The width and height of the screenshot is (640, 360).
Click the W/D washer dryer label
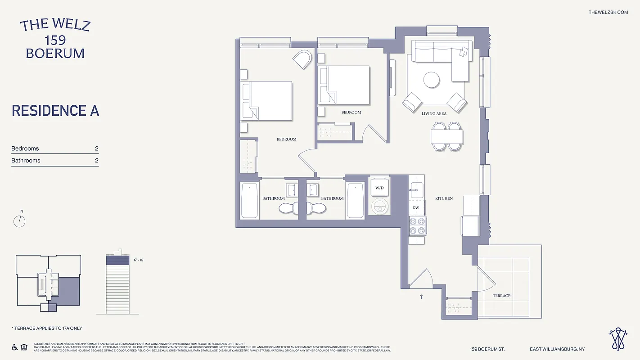(379, 188)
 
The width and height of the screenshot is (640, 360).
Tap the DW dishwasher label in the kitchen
(416, 207)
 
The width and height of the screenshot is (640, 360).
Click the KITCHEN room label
(444, 198)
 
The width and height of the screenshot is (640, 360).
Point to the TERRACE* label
(502, 296)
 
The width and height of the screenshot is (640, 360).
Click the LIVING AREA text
(434, 114)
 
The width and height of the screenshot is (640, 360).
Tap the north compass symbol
(20, 221)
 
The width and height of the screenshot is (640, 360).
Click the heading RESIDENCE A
(55, 111)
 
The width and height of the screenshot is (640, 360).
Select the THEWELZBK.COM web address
(608, 12)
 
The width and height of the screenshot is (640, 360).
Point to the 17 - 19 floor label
(138, 260)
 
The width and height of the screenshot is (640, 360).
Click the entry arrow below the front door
(421, 297)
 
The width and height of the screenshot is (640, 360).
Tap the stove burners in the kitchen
(417, 225)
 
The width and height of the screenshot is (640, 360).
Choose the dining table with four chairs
(447, 136)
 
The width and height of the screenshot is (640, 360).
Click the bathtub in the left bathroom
(249, 201)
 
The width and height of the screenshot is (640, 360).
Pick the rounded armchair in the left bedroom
(302, 59)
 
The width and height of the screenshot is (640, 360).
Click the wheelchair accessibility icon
(14, 347)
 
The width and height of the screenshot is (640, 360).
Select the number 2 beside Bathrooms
(96, 161)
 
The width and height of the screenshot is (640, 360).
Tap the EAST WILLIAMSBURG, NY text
(557, 349)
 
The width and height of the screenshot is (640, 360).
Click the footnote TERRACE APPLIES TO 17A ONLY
(47, 328)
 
